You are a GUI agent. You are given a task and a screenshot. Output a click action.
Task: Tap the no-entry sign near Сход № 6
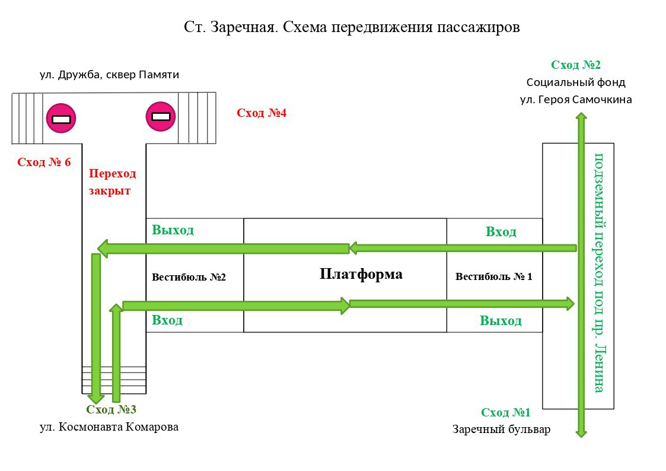(61, 119)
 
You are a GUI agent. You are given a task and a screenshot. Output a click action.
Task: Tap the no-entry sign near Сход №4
(161, 116)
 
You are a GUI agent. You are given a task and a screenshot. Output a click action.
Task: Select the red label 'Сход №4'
(262, 113)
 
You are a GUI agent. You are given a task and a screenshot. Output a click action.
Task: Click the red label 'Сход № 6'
(44, 162)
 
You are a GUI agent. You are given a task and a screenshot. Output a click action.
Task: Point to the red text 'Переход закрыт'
(112, 182)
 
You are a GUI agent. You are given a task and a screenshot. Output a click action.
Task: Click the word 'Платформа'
(361, 274)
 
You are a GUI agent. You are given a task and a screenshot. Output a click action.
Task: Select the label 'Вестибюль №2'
(189, 277)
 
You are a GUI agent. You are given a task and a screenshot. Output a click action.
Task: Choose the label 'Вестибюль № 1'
(493, 276)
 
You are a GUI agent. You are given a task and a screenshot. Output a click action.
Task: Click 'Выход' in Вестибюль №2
(173, 230)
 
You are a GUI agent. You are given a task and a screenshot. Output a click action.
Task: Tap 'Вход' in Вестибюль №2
(167, 320)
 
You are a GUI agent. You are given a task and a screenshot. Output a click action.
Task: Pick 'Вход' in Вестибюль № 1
(501, 231)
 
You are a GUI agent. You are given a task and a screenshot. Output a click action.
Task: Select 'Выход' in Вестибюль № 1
(501, 321)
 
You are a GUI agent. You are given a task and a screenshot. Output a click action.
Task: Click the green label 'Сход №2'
(576, 65)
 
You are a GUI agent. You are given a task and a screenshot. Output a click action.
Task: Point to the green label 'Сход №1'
(506, 412)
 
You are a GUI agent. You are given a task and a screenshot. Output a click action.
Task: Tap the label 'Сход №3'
(111, 409)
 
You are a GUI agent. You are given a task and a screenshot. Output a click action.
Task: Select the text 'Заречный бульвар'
(501, 429)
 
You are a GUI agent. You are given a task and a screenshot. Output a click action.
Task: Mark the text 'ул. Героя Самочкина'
(576, 100)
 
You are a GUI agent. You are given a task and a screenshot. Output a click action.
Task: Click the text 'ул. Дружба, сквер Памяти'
(109, 75)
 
